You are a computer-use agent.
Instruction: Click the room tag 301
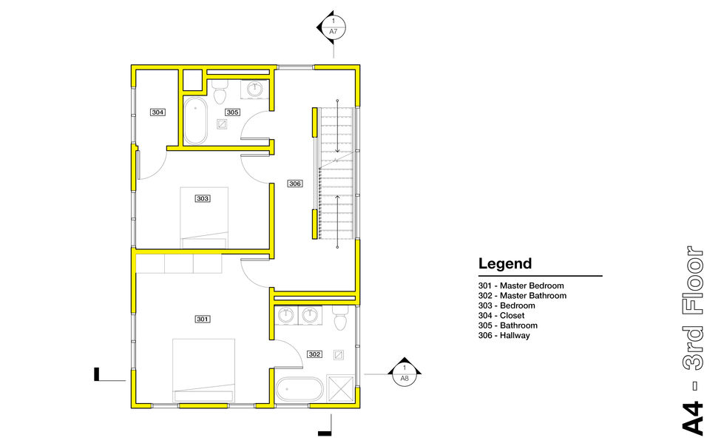(x=203, y=319)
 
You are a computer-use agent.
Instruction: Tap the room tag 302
(x=314, y=354)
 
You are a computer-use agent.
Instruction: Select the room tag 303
(x=203, y=198)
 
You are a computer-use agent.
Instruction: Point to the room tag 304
(x=158, y=112)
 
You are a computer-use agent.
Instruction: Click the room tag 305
(x=232, y=112)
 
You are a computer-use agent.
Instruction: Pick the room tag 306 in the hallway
(x=295, y=183)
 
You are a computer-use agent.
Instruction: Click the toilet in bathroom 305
(x=220, y=92)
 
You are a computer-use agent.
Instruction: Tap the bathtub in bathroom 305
(x=195, y=121)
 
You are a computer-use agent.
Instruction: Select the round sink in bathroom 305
(x=255, y=89)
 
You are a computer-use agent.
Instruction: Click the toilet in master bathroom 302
(x=340, y=317)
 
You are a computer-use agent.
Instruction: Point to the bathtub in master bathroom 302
(x=300, y=390)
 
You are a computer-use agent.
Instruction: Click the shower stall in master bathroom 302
(x=340, y=389)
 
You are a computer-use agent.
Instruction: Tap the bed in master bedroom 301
(x=203, y=371)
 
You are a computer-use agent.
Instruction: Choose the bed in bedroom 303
(x=204, y=218)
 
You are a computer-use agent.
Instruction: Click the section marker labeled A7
(x=331, y=27)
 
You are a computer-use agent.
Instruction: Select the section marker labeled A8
(x=405, y=373)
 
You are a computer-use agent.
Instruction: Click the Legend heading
(x=505, y=263)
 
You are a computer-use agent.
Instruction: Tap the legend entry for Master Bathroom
(x=522, y=296)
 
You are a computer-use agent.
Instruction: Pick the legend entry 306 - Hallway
(x=504, y=335)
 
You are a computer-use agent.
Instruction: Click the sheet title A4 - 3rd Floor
(x=693, y=340)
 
